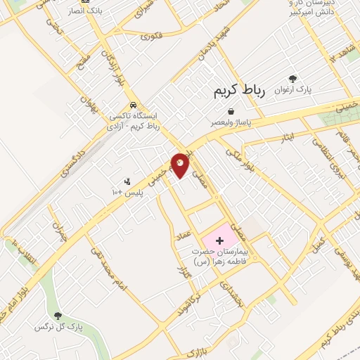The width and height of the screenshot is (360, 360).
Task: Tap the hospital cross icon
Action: pos(219,241)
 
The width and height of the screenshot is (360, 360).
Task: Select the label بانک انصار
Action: pos(85,12)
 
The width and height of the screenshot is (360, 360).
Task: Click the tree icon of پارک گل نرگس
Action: pos(58,316)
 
